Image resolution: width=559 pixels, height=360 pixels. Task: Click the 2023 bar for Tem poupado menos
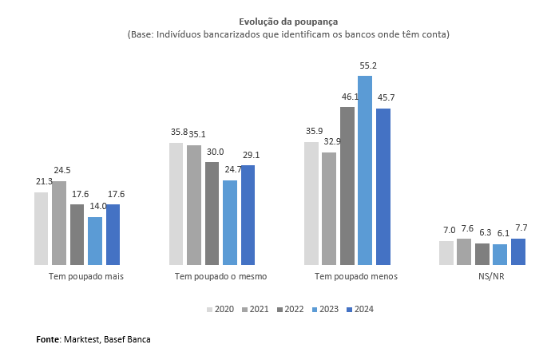click(365, 170)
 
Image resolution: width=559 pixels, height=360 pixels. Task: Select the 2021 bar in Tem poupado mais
click(59, 223)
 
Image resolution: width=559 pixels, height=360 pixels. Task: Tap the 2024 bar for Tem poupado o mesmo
click(248, 215)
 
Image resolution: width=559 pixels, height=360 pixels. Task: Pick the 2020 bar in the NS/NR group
click(446, 252)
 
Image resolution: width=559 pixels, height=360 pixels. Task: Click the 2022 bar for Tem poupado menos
click(347, 185)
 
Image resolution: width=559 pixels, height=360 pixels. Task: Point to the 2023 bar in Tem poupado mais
click(95, 240)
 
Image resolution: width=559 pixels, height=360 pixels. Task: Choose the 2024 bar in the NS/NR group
click(518, 251)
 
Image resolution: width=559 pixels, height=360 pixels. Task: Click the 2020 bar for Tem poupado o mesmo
click(176, 204)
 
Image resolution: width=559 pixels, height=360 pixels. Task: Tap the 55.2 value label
click(367, 66)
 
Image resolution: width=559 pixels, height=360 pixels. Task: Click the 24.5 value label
click(62, 170)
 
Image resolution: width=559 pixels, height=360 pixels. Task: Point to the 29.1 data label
click(251, 155)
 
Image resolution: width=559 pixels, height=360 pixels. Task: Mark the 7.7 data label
click(520, 228)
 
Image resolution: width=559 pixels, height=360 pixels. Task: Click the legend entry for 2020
click(220, 310)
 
